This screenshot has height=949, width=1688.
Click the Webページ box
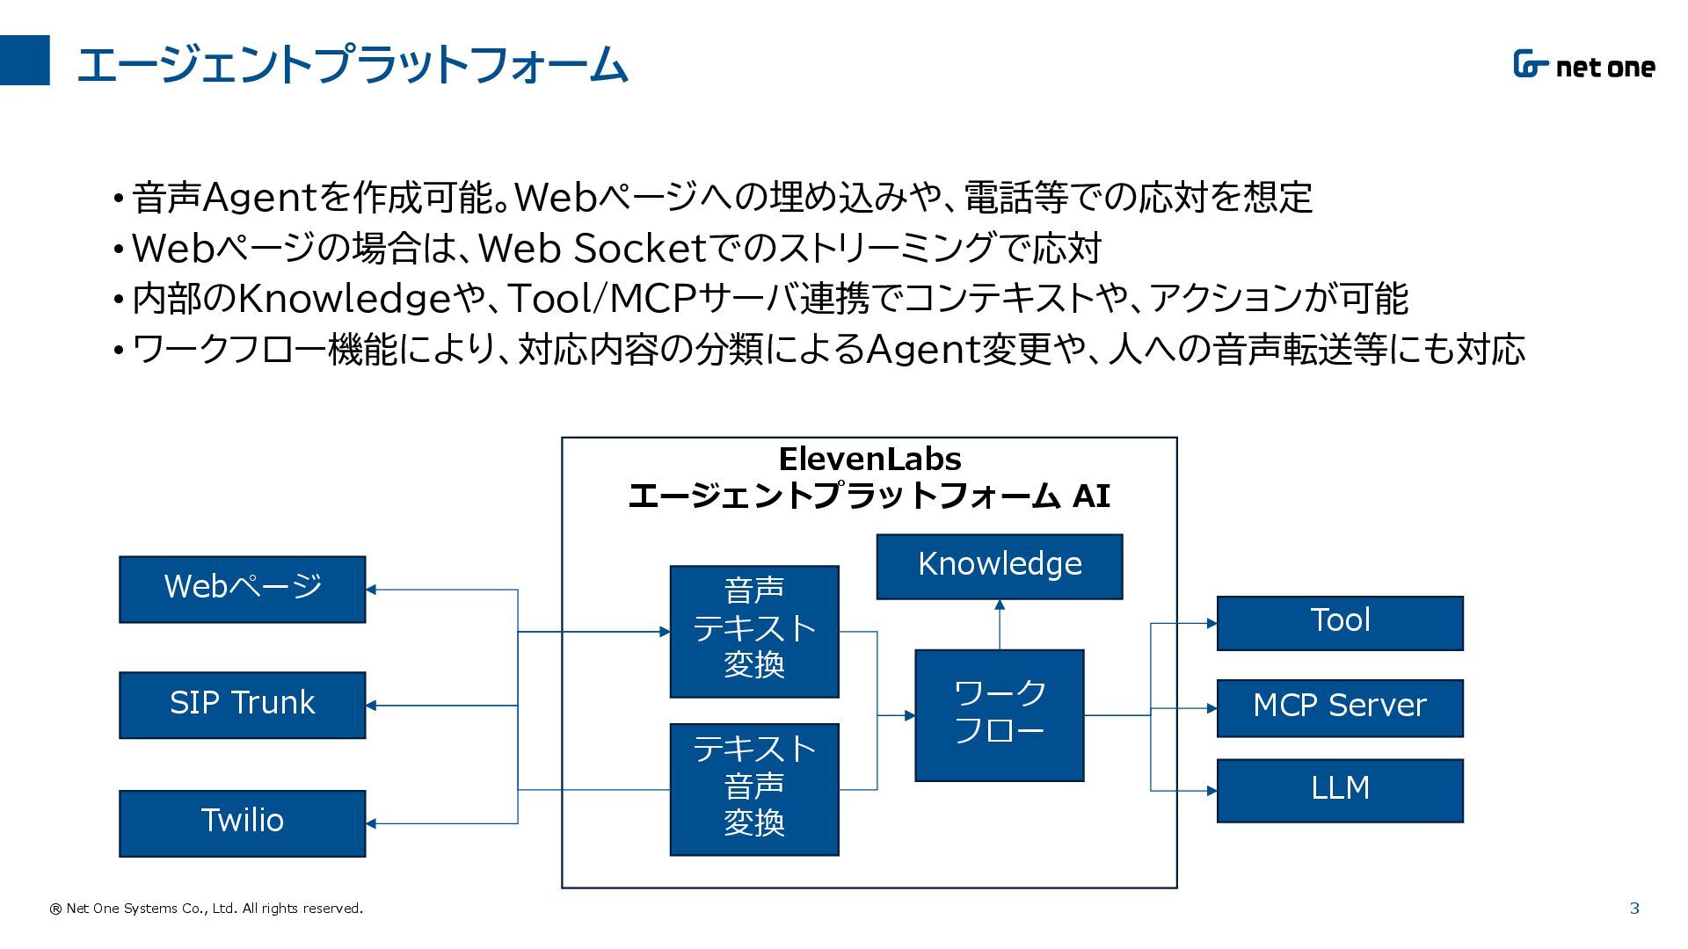coord(243,590)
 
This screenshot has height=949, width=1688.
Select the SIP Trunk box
coord(243,706)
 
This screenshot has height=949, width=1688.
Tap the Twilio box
coord(243,823)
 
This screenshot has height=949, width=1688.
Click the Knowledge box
coord(1000,567)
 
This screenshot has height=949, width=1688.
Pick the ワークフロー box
coord(1000,715)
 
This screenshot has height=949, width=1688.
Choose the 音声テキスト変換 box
coord(754,632)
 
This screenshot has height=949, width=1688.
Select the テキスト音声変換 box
coord(754,789)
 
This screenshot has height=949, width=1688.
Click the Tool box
coord(1340,623)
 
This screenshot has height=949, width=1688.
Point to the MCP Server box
coord(1340,708)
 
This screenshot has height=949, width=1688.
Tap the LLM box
coord(1340,791)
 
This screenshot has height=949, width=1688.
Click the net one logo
coord(1583,65)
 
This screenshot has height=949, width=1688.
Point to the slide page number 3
coord(1634,909)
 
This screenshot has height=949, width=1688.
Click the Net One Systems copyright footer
coord(206,909)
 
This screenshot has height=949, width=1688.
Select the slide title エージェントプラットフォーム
coord(353,64)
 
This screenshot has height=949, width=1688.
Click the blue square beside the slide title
coord(25,60)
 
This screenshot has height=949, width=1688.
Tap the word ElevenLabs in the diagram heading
coord(869,459)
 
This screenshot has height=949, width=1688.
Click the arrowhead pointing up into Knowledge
coord(1000,605)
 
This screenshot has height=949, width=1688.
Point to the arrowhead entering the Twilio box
coord(371,823)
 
